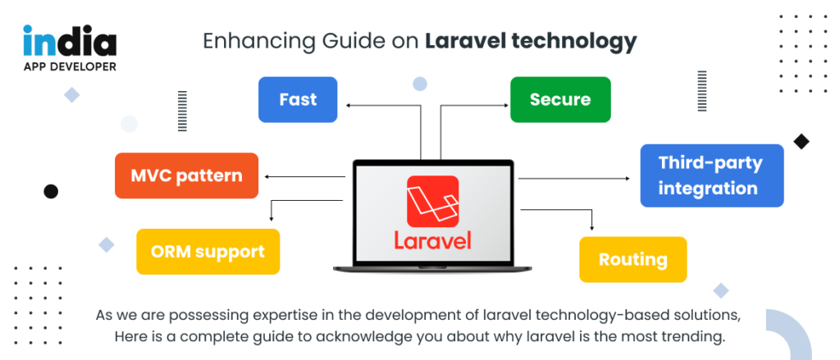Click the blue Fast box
tap(298, 100)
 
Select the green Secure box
tap(560, 100)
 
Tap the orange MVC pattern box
tap(187, 175)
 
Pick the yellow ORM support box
tap(208, 252)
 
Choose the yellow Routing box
tap(632, 260)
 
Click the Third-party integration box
tap(711, 175)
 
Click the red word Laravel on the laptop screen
tap(432, 241)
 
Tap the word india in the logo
tap(70, 42)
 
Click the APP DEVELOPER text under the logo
tap(70, 66)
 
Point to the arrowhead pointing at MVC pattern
tap(267, 175)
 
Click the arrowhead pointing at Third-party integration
tap(628, 178)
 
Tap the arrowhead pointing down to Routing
tap(591, 227)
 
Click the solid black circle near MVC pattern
tap(51, 191)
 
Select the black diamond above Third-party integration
tap(801, 141)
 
